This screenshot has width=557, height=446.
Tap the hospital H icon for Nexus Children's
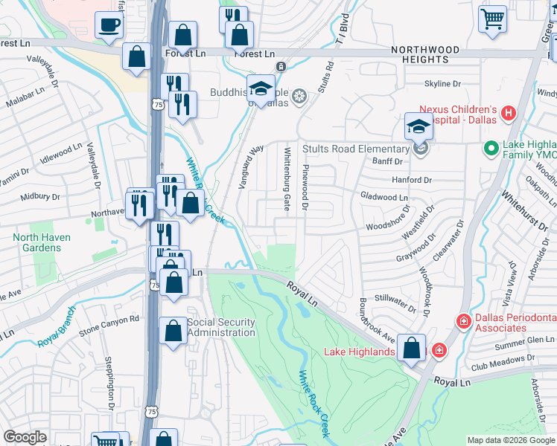click(509, 114)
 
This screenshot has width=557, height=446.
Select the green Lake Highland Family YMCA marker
click(491, 149)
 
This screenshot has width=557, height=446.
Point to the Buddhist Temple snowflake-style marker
click(299, 96)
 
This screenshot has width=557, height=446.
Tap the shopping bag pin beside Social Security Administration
click(173, 332)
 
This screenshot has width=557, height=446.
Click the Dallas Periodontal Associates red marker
click(463, 321)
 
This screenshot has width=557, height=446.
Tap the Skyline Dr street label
click(444, 84)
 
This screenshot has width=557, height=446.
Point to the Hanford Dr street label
click(412, 180)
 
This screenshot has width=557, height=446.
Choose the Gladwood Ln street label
click(384, 198)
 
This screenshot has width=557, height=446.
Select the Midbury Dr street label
click(39, 197)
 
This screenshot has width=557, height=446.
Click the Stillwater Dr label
click(396, 296)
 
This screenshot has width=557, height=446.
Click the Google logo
click(25, 437)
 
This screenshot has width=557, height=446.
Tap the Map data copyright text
click(510, 440)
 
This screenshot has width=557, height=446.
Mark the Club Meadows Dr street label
click(503, 358)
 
